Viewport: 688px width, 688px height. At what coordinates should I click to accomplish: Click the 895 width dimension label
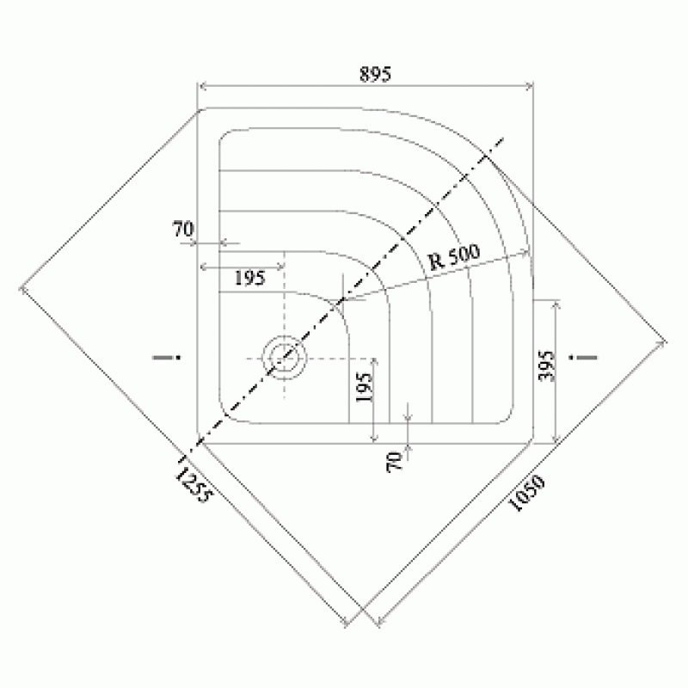pyautogui.click(x=375, y=74)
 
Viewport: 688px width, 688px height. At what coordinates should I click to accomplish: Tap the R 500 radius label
pyautogui.click(x=454, y=257)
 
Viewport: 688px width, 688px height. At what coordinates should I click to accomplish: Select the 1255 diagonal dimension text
pyautogui.click(x=193, y=484)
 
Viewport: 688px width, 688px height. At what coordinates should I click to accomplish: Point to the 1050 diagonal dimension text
pyautogui.click(x=526, y=492)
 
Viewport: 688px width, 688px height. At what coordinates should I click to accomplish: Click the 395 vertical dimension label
pyautogui.click(x=546, y=365)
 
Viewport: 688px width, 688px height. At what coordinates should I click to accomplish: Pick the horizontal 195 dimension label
pyautogui.click(x=249, y=278)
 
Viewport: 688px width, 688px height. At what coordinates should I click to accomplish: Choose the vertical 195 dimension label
pyautogui.click(x=364, y=388)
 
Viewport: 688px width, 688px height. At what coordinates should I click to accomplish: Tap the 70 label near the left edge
pyautogui.click(x=182, y=229)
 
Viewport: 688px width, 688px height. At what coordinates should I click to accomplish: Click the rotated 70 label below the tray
pyautogui.click(x=395, y=462)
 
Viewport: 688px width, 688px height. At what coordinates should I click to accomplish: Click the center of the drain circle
pyautogui.click(x=285, y=358)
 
